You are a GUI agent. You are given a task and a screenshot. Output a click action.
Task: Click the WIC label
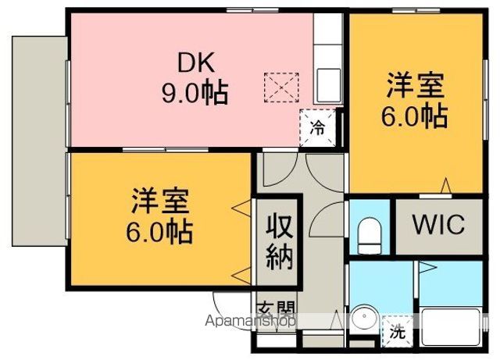coord(437,226)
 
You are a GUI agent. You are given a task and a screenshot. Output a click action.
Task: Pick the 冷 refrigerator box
coord(319,127)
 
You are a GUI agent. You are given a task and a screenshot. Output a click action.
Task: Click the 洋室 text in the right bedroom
coord(413,84)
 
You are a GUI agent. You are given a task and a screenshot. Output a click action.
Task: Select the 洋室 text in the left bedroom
coord(160,199)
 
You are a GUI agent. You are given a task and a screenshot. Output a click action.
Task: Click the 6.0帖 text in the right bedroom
coord(414,116)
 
